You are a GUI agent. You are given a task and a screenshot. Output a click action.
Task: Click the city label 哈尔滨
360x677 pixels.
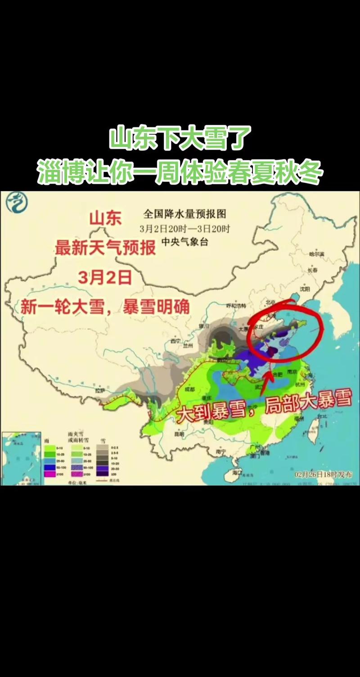[x=316, y=254]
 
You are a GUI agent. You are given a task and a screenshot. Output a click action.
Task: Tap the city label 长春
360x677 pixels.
[x=312, y=270]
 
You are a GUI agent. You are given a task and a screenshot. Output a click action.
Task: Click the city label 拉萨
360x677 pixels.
[x=99, y=390]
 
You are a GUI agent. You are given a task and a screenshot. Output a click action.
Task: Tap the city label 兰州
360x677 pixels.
[x=187, y=346]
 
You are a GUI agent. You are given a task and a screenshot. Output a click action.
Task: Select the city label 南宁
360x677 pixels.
[x=220, y=451]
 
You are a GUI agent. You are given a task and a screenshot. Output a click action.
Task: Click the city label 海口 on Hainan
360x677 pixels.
[x=237, y=472]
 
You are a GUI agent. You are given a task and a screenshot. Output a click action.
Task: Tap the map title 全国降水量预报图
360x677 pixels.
[x=184, y=213]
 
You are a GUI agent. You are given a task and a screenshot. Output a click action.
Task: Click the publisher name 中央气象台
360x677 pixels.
[x=185, y=242]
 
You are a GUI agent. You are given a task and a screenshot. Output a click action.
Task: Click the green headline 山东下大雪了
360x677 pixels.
[x=180, y=138]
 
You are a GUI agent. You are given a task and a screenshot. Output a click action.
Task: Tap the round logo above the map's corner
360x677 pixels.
[x=16, y=202]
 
